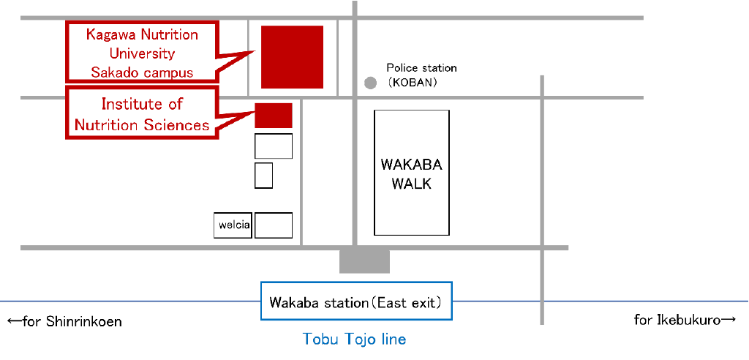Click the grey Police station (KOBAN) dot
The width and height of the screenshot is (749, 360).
pos(371,83)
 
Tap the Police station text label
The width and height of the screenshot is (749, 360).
pos(421,68)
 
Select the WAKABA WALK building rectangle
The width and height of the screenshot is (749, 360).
pos(412,173)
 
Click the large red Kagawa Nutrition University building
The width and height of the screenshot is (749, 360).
pos(292,57)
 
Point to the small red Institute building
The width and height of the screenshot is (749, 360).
pos(274,116)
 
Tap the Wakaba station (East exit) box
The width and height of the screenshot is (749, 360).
pos(356,301)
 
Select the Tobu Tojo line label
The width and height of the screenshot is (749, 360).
pos(354,339)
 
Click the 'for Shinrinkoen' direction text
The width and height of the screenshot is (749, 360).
pos(72,321)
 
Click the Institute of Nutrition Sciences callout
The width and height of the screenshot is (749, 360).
pos(142,114)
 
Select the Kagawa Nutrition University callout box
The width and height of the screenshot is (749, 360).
pos(142,53)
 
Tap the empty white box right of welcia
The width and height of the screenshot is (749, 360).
pos(274,225)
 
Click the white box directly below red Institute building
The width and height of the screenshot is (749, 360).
pos(274,146)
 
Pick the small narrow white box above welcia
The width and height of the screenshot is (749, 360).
pos(263,176)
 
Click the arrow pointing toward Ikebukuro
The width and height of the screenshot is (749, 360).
pos(728,320)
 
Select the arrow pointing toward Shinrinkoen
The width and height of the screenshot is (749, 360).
pos(14,321)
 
